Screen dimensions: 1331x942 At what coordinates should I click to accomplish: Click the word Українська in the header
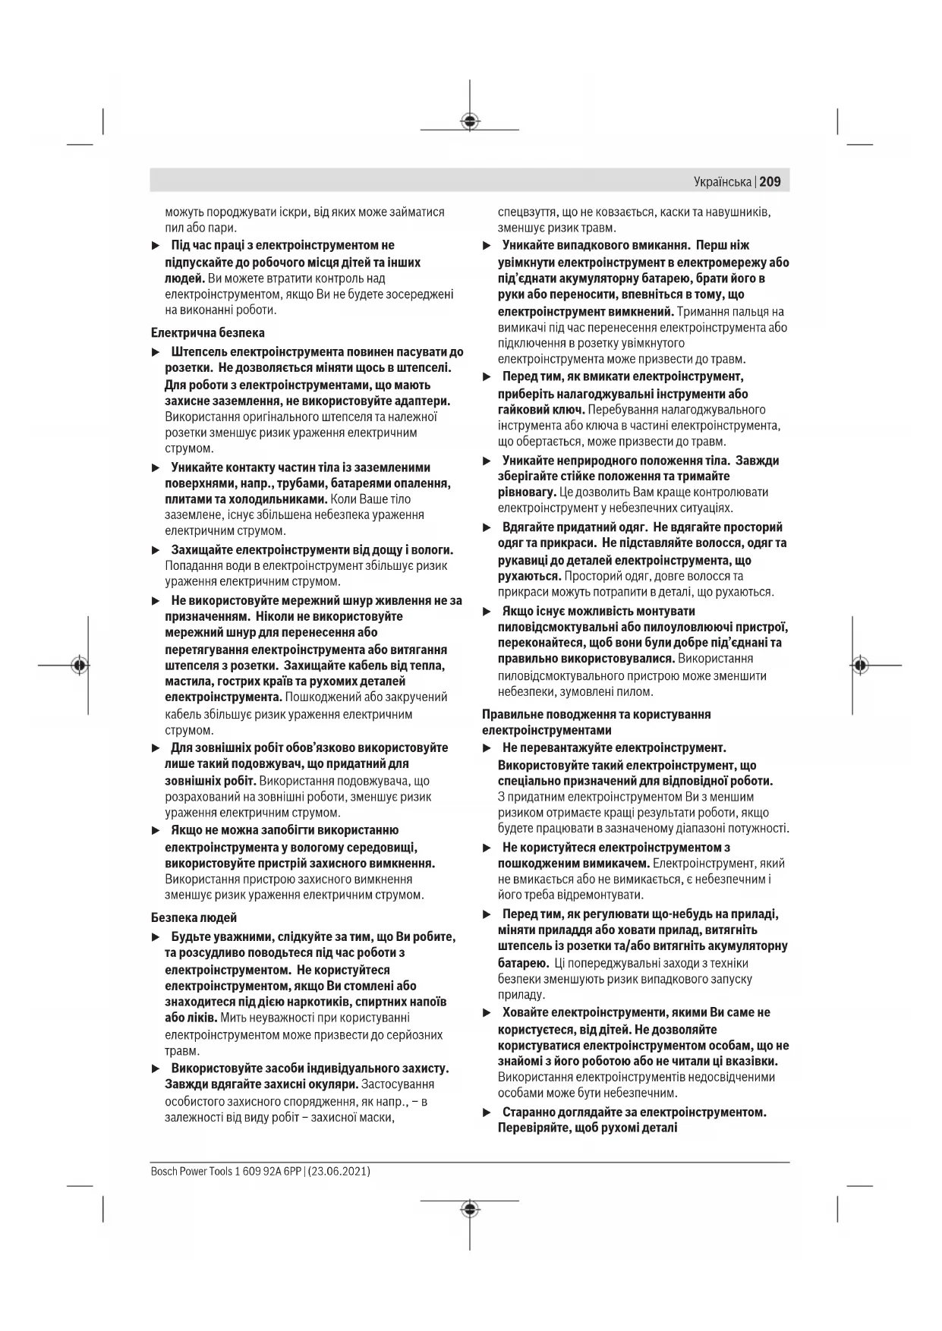click(722, 182)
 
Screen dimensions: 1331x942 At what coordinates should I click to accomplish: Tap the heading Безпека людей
click(194, 917)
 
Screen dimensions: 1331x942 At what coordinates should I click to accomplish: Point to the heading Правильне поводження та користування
click(596, 714)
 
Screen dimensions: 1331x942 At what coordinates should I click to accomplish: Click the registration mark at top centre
click(470, 121)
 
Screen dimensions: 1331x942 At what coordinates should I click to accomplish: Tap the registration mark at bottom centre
click(470, 1209)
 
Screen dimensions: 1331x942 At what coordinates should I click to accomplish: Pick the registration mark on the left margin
click(79, 665)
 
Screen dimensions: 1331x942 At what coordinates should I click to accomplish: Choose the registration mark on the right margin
click(859, 665)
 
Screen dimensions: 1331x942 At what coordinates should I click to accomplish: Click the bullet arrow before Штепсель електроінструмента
click(156, 353)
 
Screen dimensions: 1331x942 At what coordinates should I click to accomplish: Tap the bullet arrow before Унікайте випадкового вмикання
click(487, 246)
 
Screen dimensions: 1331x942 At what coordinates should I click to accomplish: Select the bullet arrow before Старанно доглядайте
click(487, 1112)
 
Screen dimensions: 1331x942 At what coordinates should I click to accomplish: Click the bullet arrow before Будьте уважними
click(156, 938)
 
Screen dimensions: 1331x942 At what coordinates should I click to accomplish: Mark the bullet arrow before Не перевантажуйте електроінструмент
click(487, 749)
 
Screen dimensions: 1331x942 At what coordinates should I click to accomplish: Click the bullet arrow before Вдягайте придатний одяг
click(487, 527)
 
